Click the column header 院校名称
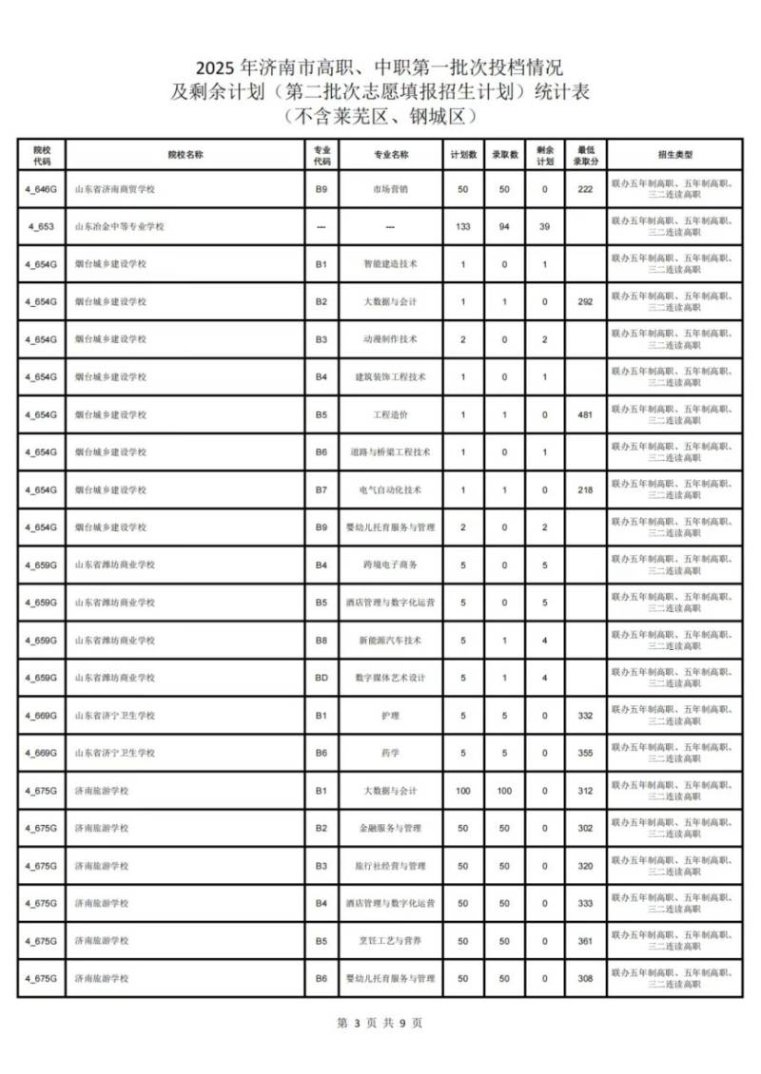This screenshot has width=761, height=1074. click(185, 154)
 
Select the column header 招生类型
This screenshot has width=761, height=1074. click(674, 154)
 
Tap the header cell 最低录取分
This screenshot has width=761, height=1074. click(585, 154)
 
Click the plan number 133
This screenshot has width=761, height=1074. click(463, 226)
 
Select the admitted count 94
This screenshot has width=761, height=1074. click(504, 226)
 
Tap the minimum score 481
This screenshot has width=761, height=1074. click(585, 414)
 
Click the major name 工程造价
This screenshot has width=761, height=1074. click(391, 414)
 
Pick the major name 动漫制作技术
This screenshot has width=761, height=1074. click(391, 339)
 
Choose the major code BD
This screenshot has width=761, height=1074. click(322, 678)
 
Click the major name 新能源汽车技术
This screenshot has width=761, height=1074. click(391, 641)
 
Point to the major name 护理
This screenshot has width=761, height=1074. click(391, 716)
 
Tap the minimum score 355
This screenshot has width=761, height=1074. click(585, 753)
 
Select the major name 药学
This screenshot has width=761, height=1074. click(391, 753)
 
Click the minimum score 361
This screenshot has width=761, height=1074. click(585, 941)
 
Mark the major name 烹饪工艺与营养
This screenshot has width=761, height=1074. click(391, 941)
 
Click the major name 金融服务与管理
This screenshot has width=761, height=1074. click(391, 828)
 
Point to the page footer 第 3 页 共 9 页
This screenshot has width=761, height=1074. click(380, 1023)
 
